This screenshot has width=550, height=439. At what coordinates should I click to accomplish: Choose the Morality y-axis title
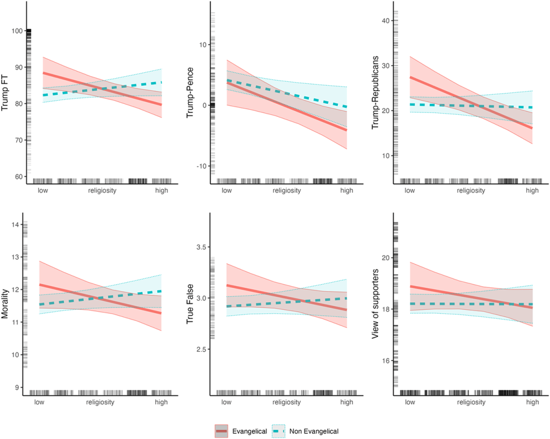[6, 305]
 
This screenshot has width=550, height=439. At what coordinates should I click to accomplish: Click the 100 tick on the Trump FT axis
[16, 31]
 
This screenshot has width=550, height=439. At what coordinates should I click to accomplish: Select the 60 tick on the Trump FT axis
[18, 177]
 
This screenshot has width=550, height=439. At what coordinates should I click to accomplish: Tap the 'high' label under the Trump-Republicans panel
[532, 190]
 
